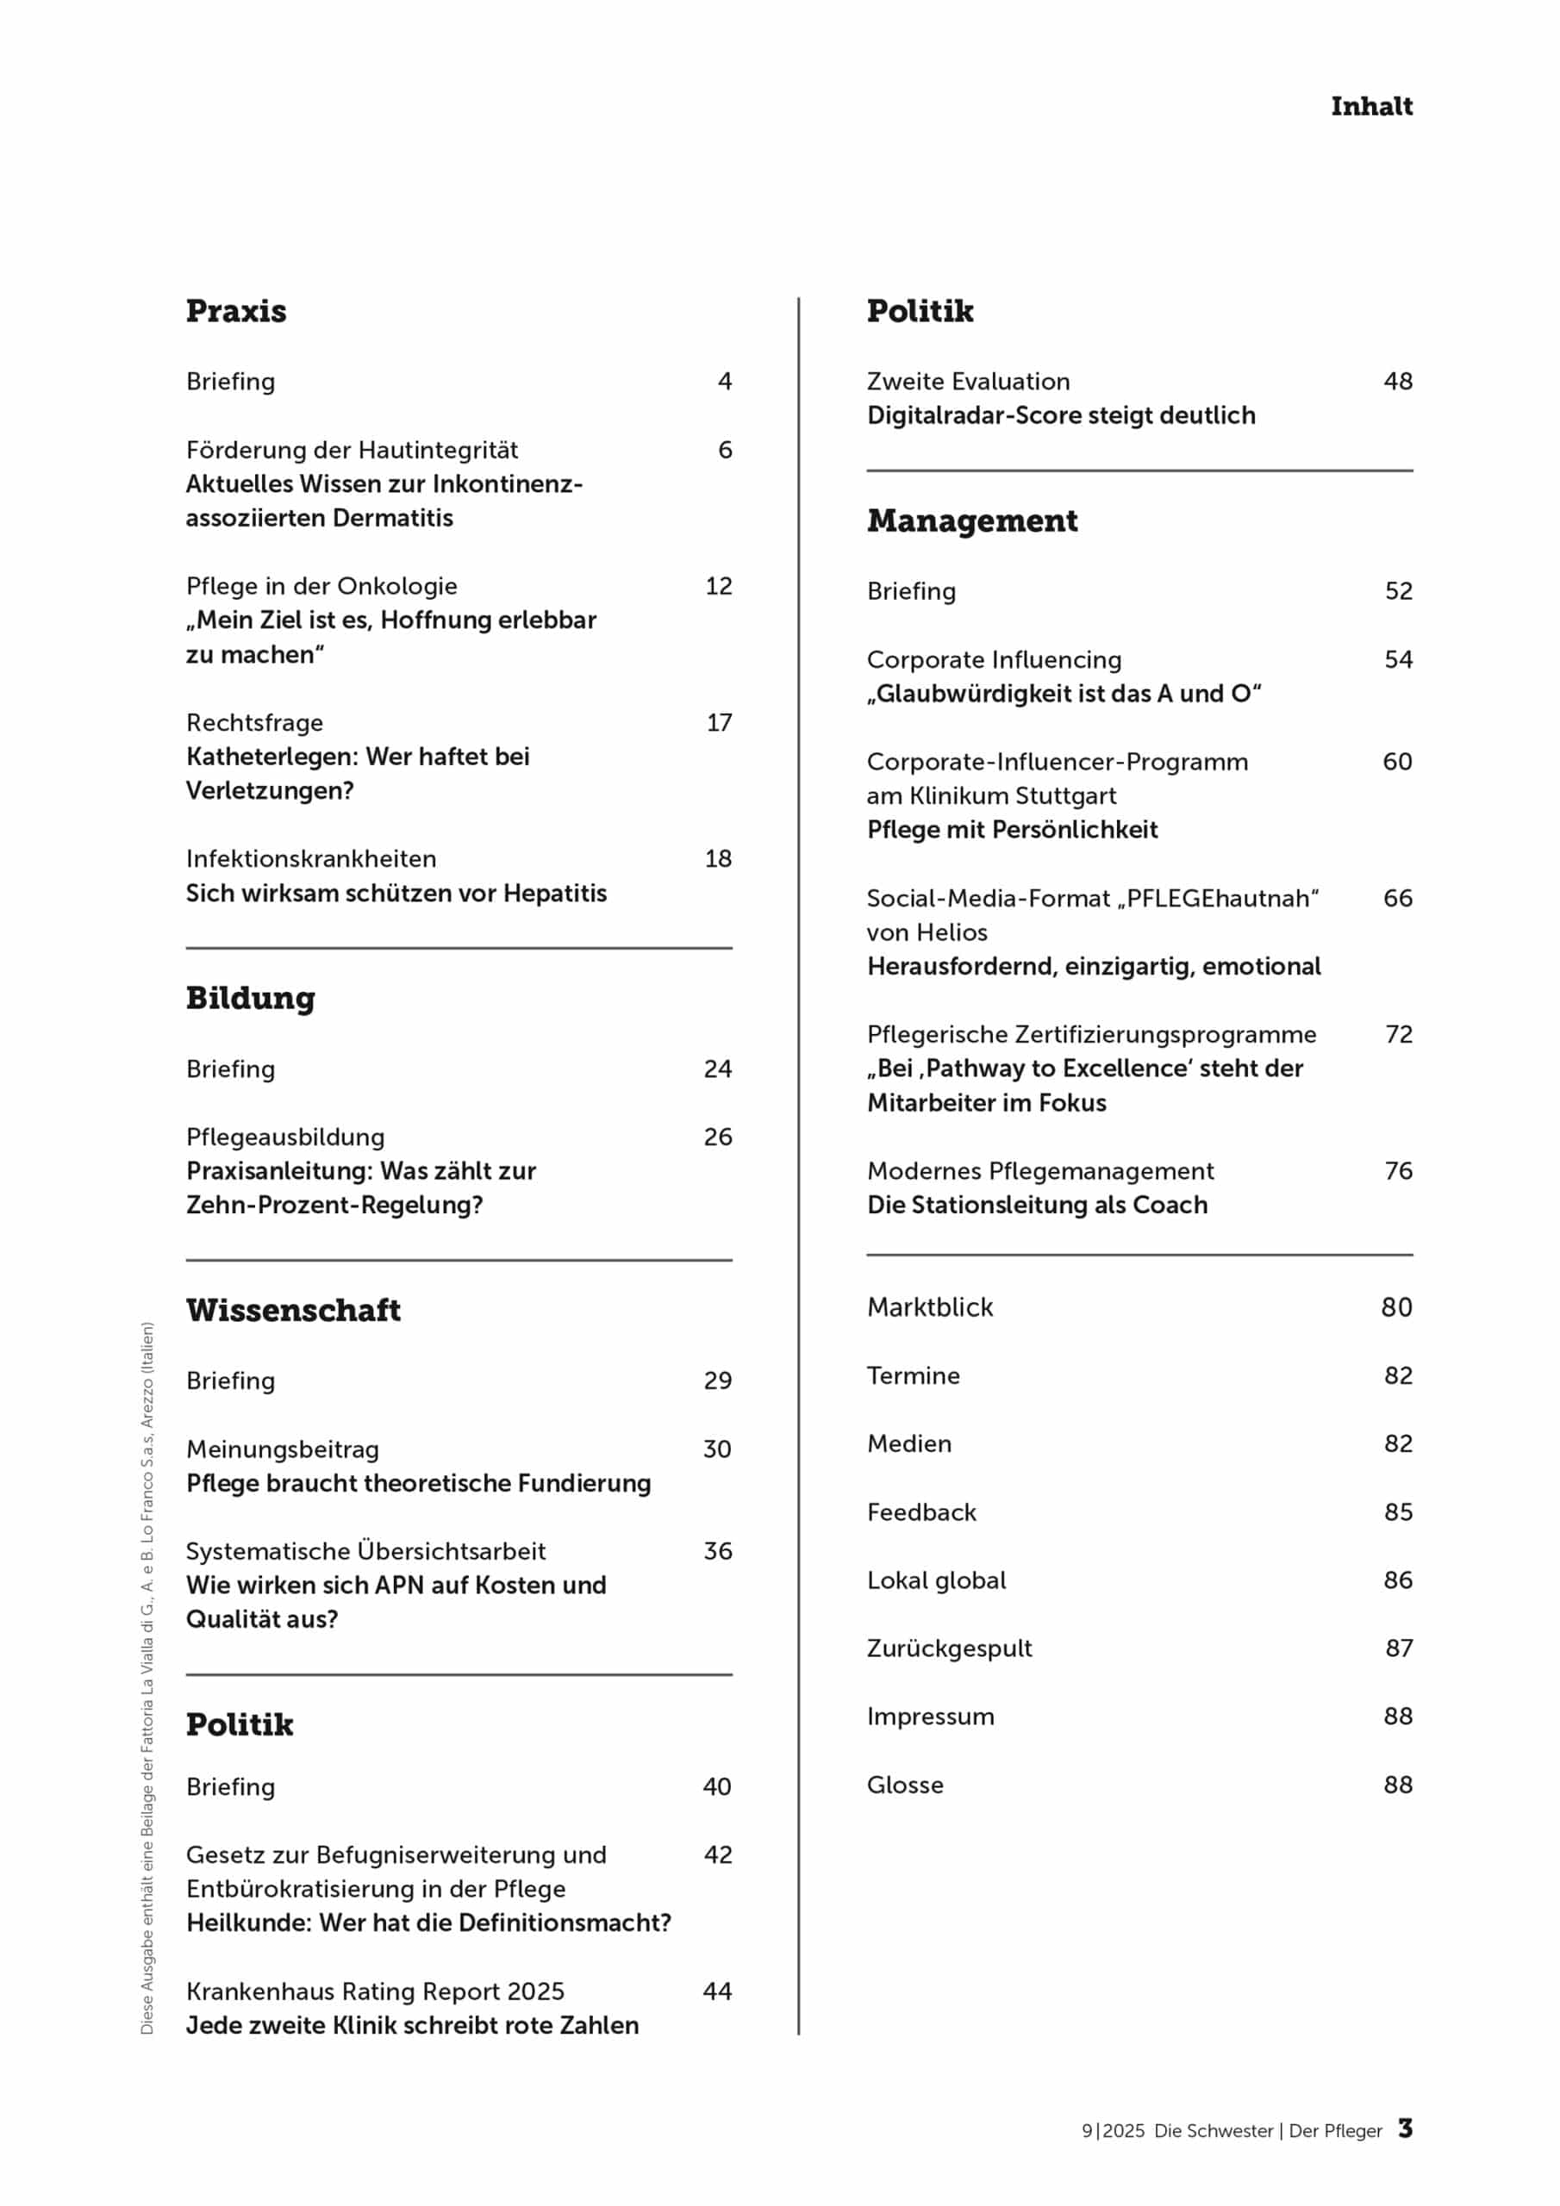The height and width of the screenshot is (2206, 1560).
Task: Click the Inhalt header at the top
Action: [1370, 106]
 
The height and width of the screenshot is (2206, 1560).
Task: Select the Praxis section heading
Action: [235, 311]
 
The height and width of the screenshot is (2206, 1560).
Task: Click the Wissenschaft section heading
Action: [293, 1310]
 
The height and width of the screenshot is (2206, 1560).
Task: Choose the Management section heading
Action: [971, 520]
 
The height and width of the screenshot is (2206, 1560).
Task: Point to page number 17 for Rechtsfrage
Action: [719, 722]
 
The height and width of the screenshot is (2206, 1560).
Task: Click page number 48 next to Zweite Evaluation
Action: [1398, 382]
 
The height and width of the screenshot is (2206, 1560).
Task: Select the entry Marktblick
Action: [929, 1306]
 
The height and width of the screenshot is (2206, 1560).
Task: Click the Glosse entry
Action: [904, 1785]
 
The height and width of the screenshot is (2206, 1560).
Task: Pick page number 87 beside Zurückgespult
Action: [1399, 1648]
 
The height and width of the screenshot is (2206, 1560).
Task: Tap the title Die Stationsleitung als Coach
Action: [1036, 1205]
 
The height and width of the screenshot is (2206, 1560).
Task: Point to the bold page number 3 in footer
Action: [1405, 2128]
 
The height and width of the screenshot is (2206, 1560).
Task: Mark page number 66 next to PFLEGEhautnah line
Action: [1398, 899]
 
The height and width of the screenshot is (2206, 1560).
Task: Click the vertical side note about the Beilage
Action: [147, 1677]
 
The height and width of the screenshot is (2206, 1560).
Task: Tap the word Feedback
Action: [920, 1512]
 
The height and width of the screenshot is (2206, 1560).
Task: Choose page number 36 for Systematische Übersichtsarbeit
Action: [717, 1551]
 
